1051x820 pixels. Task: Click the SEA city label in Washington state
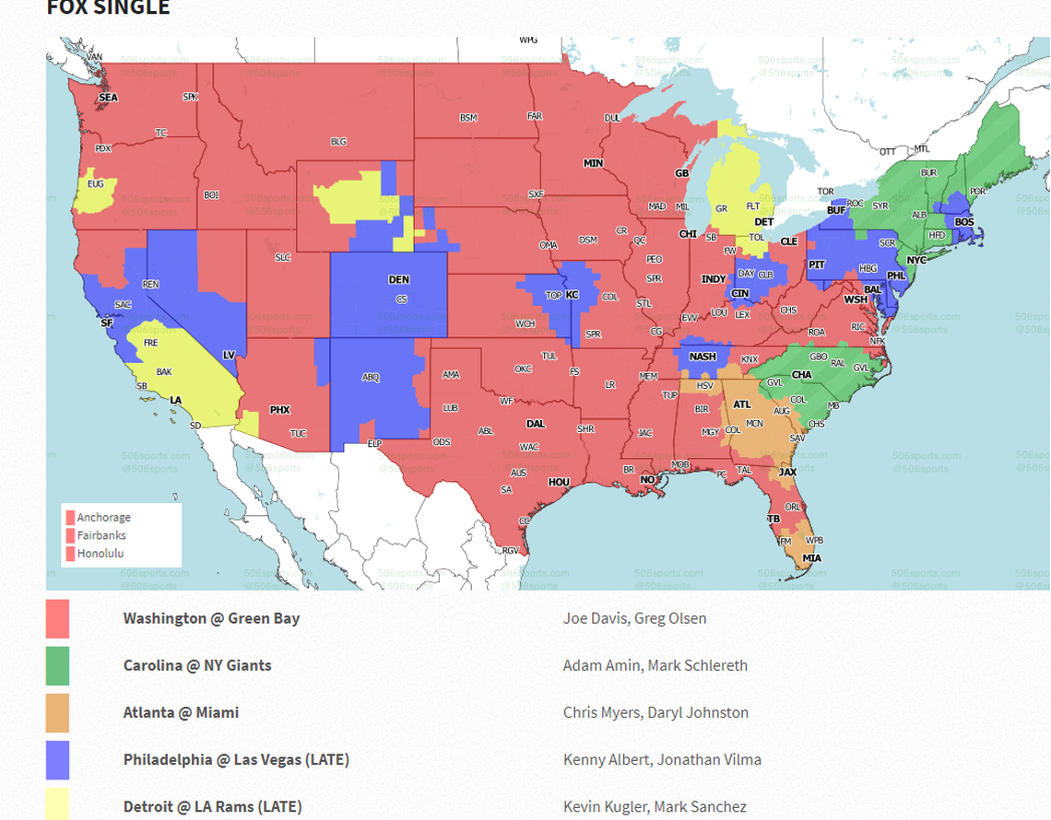point(108,97)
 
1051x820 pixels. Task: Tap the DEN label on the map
point(398,279)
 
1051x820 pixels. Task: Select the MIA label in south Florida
point(811,557)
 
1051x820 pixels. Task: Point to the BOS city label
point(964,222)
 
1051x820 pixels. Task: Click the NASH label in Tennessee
point(703,357)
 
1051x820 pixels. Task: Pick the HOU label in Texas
point(559,482)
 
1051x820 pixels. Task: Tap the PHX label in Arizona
point(279,409)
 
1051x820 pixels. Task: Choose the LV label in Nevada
point(229,355)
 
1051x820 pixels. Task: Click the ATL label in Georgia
point(741,404)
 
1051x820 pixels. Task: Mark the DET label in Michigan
point(764,222)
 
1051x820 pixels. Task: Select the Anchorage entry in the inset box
point(103,518)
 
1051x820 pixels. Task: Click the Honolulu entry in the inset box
point(100,554)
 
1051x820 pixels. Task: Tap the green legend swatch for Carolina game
point(57,665)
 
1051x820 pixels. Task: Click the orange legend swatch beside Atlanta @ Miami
point(57,713)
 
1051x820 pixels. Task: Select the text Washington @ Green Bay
point(211,618)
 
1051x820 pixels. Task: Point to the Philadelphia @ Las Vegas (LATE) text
point(236,760)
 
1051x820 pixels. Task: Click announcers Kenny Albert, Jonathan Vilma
point(662,760)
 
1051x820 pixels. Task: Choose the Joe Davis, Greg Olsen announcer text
point(634,618)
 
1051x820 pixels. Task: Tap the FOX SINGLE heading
point(108,8)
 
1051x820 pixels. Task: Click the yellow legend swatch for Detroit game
point(57,805)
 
